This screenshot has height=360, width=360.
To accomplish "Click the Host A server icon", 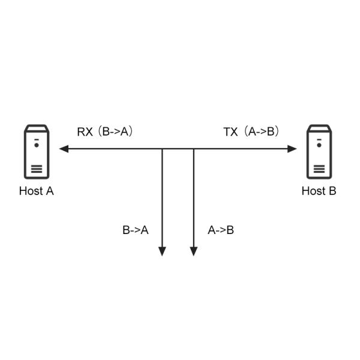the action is point(37,151).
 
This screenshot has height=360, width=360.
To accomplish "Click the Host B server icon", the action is point(319,151).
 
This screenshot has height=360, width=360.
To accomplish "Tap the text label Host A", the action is point(37,191).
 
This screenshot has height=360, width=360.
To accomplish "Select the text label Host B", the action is point(319,191).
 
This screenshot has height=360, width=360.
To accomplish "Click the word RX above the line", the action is point(85,132).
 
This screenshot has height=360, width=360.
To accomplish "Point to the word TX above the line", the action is point(230,132).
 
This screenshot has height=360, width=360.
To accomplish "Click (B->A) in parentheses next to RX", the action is point(116,132).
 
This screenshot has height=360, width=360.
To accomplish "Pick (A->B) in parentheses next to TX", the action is point(262,132).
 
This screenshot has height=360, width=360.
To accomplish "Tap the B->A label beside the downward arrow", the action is point(136,230).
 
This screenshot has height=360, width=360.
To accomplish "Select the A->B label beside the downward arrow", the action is point(221,230).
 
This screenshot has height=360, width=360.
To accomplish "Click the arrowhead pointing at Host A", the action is point(63,149).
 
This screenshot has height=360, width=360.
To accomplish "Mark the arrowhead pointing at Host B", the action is point(293,149).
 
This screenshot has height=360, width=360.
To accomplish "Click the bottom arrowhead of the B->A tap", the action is point(162,251).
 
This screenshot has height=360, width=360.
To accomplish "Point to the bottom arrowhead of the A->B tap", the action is point(194,251).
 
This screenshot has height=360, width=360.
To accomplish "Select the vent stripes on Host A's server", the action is point(37,169).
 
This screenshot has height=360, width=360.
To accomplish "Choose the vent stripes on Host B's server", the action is point(319,169).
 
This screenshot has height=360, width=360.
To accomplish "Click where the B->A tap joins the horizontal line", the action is point(162,149).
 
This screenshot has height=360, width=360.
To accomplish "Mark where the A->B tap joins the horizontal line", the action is point(194,149).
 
